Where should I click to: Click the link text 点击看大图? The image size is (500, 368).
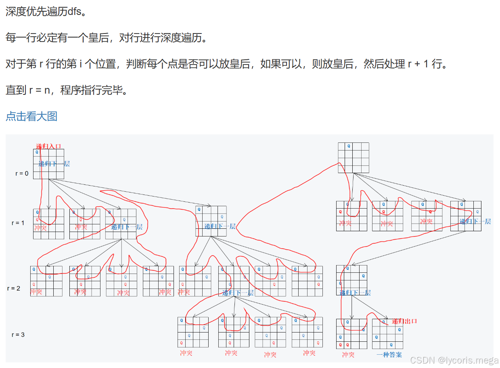(x=31, y=116)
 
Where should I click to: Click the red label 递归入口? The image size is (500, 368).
(x=48, y=146)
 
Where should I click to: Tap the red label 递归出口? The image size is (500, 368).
(x=404, y=321)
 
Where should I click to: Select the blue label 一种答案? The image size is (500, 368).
(x=389, y=355)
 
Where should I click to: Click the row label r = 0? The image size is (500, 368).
(x=22, y=174)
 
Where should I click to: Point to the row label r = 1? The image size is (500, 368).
(x=18, y=223)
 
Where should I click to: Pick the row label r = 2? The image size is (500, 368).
(x=13, y=289)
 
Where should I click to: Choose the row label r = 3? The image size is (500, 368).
(x=18, y=335)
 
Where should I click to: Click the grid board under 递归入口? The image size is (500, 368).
(x=48, y=164)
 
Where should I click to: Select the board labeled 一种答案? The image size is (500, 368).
(x=387, y=334)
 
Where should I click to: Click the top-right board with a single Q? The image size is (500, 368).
(x=353, y=157)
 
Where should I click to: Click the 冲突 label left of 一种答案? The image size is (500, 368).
(x=348, y=355)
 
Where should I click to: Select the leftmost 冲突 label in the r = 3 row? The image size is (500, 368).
(x=186, y=353)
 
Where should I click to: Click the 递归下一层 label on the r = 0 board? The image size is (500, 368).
(x=54, y=164)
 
